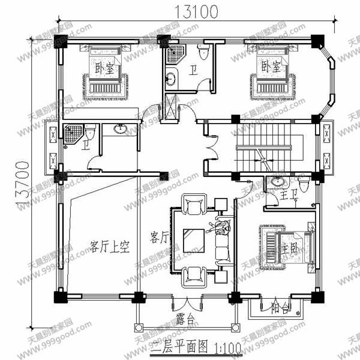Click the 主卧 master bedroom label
point(290,247)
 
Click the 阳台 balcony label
point(278,310)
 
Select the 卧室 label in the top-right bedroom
point(269,66)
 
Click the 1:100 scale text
point(223,347)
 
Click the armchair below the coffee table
point(195,274)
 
